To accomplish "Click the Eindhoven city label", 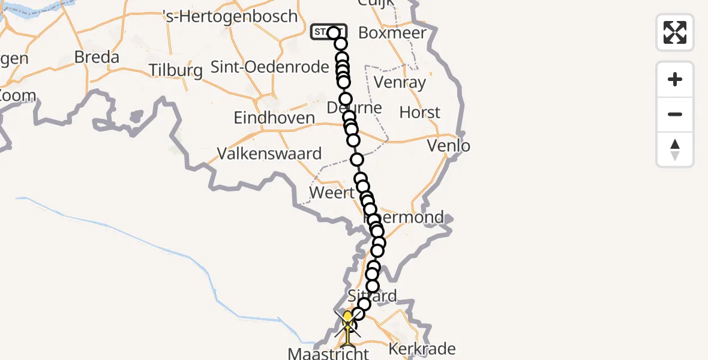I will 274,118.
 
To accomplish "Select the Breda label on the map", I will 97,58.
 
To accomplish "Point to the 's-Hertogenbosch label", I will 230,16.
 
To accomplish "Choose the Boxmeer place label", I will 392,33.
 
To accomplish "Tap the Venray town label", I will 400,82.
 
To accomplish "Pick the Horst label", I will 420,112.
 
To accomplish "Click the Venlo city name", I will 449,145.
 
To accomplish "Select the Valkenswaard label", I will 269,154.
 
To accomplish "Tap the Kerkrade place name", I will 422,349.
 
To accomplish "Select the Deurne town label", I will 355,108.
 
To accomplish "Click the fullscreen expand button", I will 675,32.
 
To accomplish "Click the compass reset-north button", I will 675,149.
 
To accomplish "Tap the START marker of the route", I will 328,32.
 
